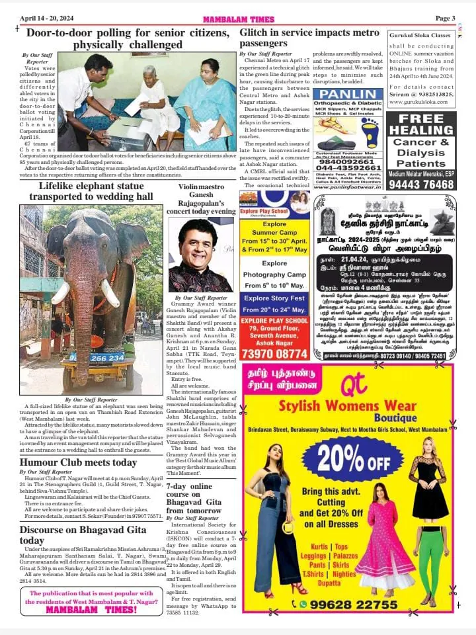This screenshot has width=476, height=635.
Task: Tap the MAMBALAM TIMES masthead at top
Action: point(237,19)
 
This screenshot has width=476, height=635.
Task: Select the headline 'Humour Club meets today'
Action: point(78,462)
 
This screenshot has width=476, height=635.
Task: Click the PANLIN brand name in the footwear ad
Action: point(347,95)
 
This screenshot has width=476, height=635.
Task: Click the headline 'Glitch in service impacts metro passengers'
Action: point(309,38)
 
